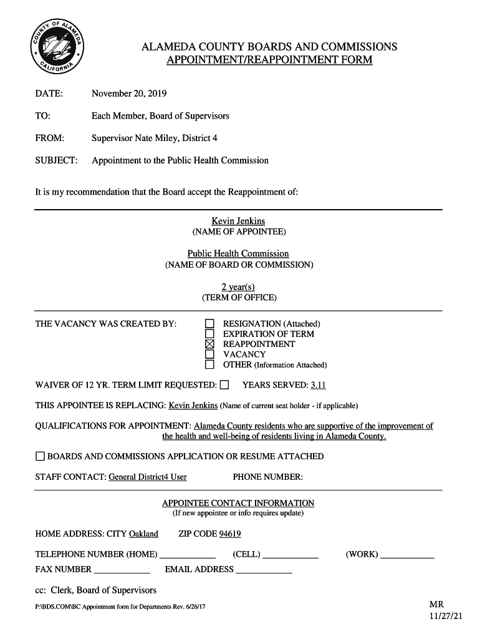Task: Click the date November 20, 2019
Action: [129, 94]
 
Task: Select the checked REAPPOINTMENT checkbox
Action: [209, 344]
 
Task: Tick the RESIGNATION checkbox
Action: [209, 324]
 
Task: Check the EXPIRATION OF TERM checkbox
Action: [209, 334]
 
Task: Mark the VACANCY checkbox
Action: [209, 354]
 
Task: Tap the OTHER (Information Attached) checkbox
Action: [209, 364]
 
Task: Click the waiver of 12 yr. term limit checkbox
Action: [224, 384]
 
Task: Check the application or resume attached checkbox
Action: [40, 456]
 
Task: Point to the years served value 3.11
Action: [318, 385]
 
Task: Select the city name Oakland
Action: [143, 534]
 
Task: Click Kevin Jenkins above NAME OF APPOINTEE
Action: [238, 221]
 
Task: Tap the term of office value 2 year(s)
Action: [238, 286]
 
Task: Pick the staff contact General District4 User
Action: [148, 477]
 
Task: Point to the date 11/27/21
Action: [446, 616]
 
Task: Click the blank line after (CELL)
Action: [290, 555]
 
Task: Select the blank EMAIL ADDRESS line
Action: [264, 570]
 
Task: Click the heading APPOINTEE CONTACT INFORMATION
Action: [238, 503]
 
